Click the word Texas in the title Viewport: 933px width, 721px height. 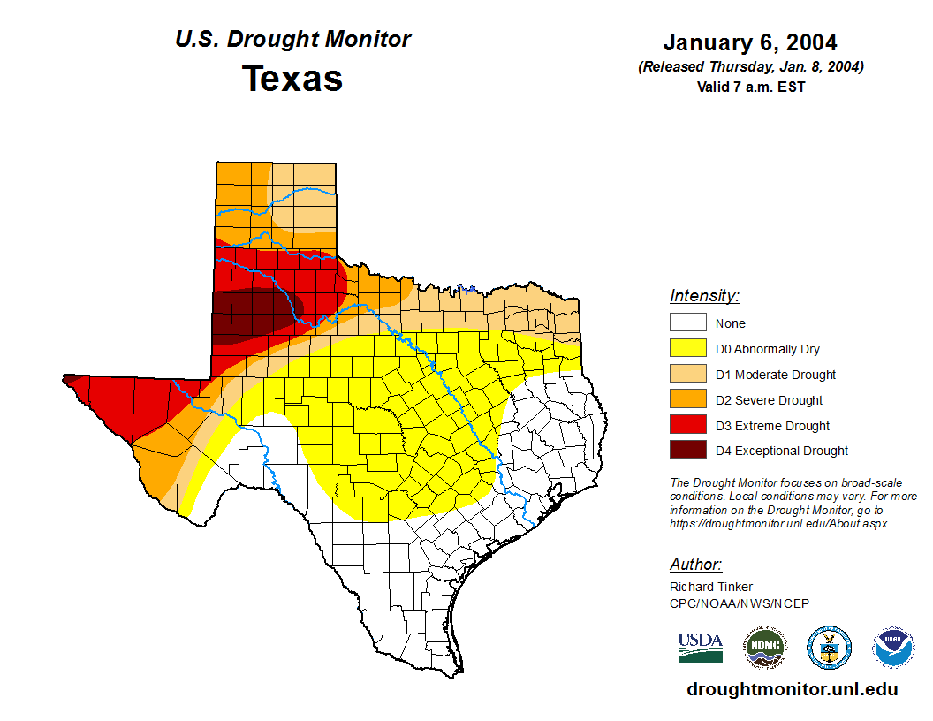tap(292, 79)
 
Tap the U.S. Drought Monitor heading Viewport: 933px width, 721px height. tap(292, 40)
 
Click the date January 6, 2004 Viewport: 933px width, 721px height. tap(750, 42)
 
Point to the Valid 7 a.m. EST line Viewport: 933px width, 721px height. tap(750, 87)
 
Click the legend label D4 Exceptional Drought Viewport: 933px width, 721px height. tap(782, 451)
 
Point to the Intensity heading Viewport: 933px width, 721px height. tap(704, 296)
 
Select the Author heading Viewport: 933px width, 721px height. tap(695, 565)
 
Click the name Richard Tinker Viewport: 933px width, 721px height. tap(711, 587)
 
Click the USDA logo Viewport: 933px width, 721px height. tap(701, 647)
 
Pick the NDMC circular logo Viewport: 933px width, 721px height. tap(764, 648)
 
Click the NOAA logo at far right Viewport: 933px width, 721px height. tap(893, 648)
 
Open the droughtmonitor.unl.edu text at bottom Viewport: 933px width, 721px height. tap(793, 690)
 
